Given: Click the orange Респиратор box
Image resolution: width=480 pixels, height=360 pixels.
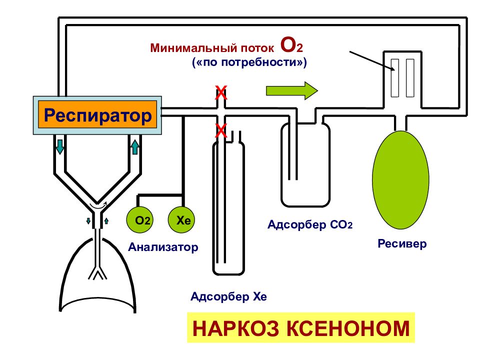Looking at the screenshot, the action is (x=97, y=115).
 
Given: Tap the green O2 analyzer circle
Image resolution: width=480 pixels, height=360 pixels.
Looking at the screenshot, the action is (x=139, y=220).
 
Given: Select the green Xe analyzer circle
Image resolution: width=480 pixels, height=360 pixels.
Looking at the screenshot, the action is (x=181, y=220).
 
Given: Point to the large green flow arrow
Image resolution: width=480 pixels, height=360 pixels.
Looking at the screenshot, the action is (x=292, y=90).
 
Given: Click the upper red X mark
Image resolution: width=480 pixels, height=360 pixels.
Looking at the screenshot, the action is (x=221, y=93).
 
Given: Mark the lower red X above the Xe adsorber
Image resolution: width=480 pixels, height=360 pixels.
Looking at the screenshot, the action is (x=221, y=130).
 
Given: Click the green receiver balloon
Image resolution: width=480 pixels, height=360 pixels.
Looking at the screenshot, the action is (x=400, y=179).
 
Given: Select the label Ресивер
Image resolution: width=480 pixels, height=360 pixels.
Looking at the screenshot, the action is (x=402, y=243).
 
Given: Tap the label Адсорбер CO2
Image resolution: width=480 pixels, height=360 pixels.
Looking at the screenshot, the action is (x=310, y=224).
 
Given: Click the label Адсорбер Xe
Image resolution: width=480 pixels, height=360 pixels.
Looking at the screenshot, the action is (x=228, y=296).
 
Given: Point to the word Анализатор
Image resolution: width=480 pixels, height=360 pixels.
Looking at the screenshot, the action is (x=163, y=246).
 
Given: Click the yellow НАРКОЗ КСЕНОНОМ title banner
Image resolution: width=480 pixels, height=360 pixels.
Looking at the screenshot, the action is (x=301, y=327).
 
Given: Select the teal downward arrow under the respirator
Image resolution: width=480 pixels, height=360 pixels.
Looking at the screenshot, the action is (x=60, y=146).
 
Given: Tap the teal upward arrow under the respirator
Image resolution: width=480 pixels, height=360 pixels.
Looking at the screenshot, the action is (x=134, y=146).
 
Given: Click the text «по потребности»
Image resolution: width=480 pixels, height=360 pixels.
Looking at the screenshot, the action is (x=249, y=62).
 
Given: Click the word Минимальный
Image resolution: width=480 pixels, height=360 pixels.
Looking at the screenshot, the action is (x=193, y=48).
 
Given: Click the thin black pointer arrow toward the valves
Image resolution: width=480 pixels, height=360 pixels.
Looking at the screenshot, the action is (x=372, y=61).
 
